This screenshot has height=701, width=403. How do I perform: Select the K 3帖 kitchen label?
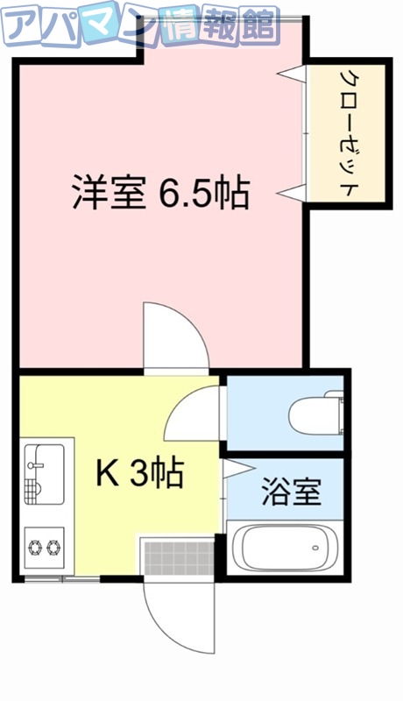[138, 474]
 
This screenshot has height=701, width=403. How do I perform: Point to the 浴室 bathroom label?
[290, 492]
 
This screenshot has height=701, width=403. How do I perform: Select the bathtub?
[282, 549]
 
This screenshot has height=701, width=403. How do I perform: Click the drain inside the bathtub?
[315, 549]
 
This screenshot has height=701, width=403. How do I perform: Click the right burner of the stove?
[54, 548]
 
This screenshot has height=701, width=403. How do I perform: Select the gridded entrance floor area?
[178, 557]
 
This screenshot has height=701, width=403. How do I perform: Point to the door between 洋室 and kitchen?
[175, 337]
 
